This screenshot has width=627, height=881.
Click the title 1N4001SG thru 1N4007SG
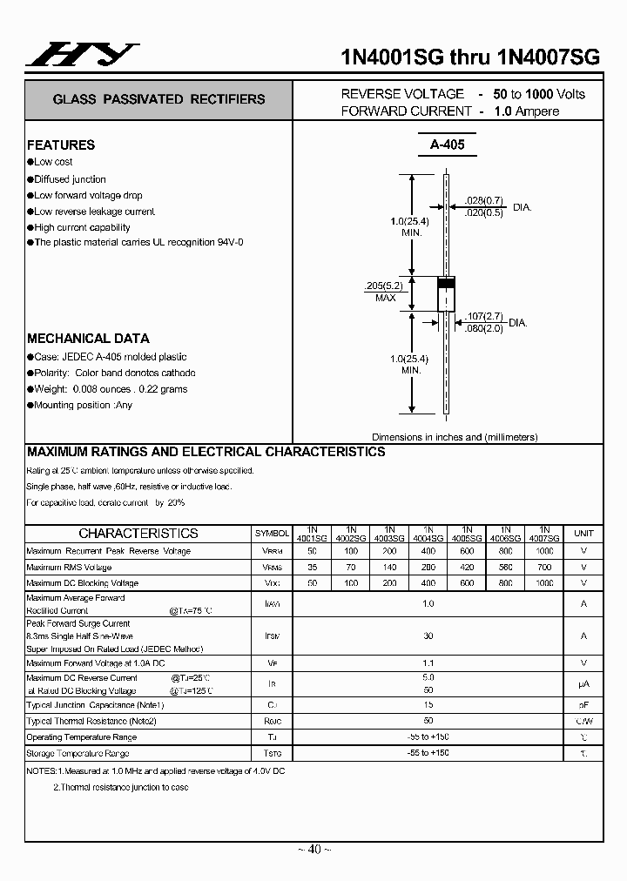(469, 57)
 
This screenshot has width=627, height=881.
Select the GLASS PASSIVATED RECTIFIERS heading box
(158, 99)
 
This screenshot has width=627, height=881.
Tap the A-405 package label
(447, 145)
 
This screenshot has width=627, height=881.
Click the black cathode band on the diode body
(446, 283)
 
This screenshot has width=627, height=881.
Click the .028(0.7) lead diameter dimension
(485, 200)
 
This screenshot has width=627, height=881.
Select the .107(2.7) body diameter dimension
(483, 316)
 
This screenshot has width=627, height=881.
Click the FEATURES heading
(61, 145)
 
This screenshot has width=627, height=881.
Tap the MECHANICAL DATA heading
(88, 339)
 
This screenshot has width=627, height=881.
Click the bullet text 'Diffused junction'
(70, 179)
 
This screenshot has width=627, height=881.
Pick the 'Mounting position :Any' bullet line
(83, 406)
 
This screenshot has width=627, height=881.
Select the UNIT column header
(583, 533)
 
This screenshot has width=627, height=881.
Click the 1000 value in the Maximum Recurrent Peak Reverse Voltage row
(544, 551)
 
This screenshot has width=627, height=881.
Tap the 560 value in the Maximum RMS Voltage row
(505, 567)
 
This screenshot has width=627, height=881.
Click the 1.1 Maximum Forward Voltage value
(428, 663)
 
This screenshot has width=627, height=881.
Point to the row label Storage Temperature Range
(78, 754)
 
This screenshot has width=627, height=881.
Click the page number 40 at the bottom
(313, 849)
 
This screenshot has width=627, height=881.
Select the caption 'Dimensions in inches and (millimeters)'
(455, 437)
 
